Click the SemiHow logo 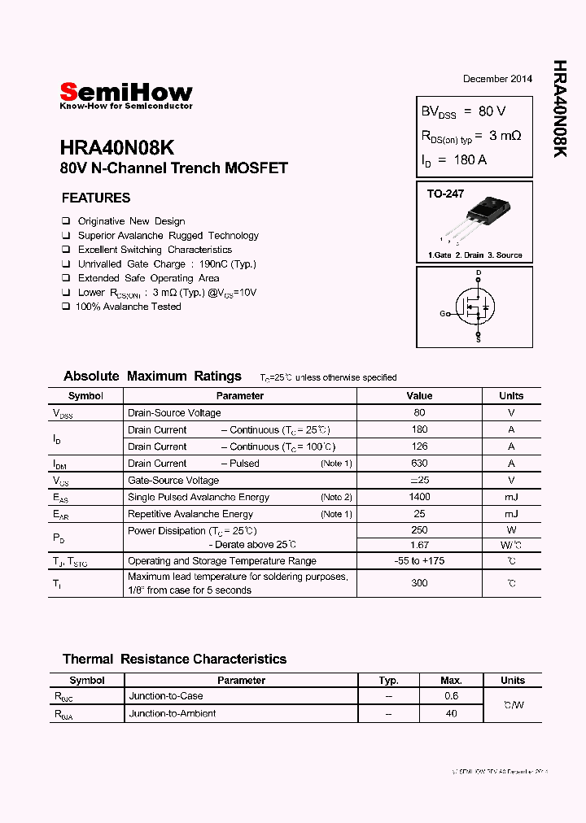coord(126,94)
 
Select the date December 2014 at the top coord(497,79)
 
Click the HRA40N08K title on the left coord(116,148)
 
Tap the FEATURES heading coord(96,198)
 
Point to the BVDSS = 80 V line coord(463,111)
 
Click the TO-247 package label coord(445,194)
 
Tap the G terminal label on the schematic coord(443,313)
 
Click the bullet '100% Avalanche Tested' coord(128,307)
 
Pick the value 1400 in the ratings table coord(419,497)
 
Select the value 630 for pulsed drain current coord(419,464)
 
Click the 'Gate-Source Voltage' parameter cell coord(173,481)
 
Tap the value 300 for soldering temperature coord(419,583)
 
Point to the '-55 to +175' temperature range coord(419,561)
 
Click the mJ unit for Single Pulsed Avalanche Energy coord(511,497)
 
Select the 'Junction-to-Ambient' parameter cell coord(172,713)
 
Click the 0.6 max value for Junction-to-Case coord(451,696)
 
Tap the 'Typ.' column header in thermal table coord(388,680)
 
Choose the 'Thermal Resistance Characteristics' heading coord(174,659)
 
